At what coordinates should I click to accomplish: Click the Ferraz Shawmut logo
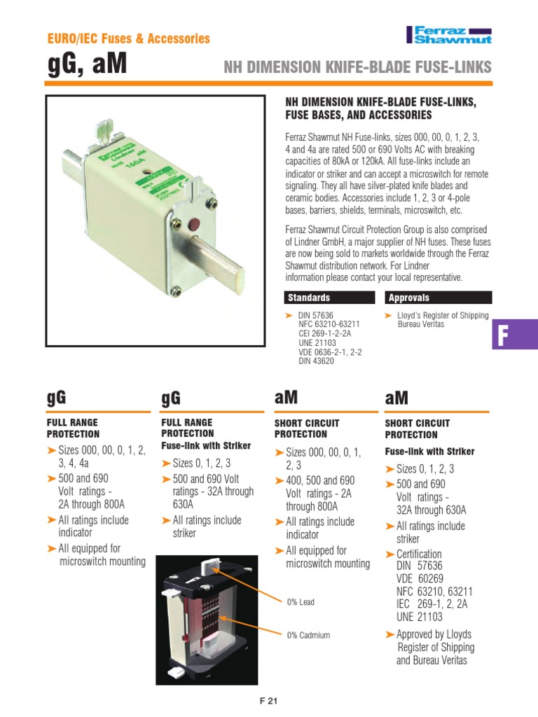tap(449, 34)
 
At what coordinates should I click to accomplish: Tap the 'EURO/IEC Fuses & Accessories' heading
tap(127, 39)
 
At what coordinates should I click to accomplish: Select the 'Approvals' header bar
tap(438, 298)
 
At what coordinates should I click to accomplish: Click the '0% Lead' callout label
tap(301, 602)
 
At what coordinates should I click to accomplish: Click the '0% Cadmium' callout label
tap(308, 635)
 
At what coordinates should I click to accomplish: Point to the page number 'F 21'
tap(268, 701)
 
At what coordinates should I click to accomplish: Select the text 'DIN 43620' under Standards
tap(317, 361)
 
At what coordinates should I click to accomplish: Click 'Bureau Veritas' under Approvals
tap(421, 325)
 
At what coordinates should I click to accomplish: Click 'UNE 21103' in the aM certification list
tap(420, 617)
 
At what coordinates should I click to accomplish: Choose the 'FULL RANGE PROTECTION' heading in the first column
tap(73, 428)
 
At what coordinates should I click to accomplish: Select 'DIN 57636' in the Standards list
tap(317, 316)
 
